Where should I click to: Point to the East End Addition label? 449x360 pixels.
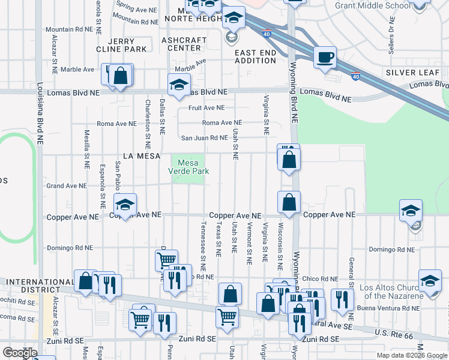point(255,56)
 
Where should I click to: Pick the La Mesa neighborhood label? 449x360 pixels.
point(141,156)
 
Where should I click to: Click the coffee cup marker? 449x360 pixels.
point(325,58)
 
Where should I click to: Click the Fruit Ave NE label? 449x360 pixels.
point(206,108)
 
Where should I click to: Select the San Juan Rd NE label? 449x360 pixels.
point(205,138)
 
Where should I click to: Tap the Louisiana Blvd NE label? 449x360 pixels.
point(40,114)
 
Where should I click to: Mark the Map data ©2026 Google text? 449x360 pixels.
point(412,355)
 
